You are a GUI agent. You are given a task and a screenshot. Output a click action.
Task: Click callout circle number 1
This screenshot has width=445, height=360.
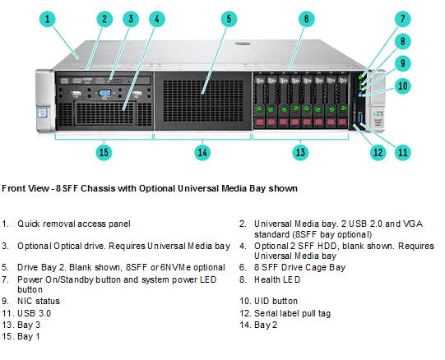click(48, 19)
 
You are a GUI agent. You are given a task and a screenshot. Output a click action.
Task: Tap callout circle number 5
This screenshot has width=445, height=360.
click(229, 19)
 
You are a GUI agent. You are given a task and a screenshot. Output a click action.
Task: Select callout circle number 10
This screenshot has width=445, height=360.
click(403, 85)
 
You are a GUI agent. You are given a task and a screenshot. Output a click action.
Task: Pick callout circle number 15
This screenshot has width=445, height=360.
click(104, 152)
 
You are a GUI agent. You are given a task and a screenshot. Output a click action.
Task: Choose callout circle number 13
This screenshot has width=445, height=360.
click(300, 152)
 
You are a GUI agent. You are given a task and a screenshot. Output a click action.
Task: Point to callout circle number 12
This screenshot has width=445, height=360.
click(378, 152)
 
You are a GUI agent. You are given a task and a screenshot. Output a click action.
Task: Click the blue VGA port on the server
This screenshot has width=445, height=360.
click(104, 93)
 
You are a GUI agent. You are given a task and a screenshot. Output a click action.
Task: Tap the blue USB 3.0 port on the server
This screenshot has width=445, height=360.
click(360, 118)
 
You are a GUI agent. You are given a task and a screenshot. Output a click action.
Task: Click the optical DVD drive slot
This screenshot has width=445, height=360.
click(104, 81)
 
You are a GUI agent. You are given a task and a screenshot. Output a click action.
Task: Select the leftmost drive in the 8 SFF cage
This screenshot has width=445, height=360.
click(259, 101)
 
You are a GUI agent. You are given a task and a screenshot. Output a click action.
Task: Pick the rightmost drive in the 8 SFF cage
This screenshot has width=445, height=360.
click(342, 101)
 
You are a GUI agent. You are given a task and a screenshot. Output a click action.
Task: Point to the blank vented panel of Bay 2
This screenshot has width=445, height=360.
click(203, 101)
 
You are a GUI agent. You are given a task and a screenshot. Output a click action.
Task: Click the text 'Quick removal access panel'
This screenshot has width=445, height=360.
click(74, 224)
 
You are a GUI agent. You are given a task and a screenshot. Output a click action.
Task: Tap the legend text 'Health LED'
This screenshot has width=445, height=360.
click(277, 279)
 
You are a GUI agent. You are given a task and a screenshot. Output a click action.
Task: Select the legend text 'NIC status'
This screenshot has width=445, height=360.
click(39, 301)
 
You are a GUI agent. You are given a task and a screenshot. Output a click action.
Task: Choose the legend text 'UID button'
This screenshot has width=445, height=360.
click(276, 301)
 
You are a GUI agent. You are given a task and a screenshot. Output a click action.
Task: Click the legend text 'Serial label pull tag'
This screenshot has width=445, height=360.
click(292, 313)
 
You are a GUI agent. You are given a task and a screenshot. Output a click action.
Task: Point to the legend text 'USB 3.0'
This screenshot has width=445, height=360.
click(34, 313)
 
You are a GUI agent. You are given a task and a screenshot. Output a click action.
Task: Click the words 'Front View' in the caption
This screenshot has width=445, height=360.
click(25, 188)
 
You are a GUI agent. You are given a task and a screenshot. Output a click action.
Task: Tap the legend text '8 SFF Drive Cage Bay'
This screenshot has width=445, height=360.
click(299, 267)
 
